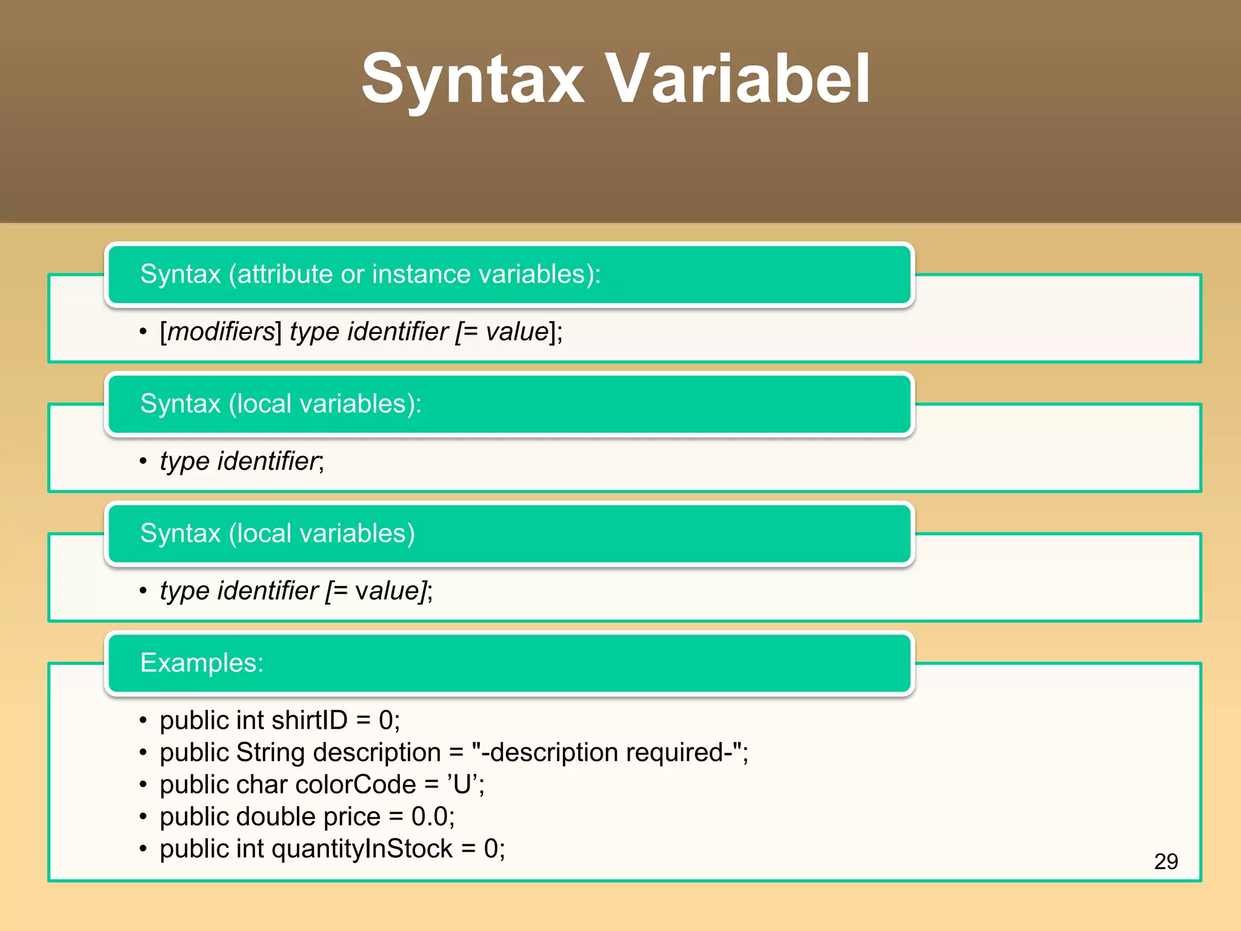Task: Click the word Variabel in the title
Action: [738, 79]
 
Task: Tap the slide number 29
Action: [1165, 861]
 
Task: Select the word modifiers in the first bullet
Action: [221, 332]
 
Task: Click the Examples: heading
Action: [202, 662]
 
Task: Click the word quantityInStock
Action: [362, 849]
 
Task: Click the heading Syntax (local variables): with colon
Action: [281, 404]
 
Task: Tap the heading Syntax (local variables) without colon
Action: [278, 533]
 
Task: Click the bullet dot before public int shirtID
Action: [143, 721]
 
